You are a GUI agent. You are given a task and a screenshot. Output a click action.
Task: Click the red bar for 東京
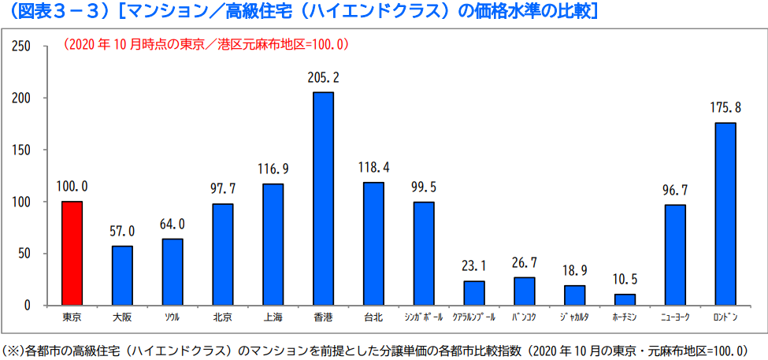[72, 253]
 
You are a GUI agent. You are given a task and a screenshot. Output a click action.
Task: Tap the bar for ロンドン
[725, 213]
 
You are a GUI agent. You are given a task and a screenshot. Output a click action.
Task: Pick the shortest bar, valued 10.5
[625, 299]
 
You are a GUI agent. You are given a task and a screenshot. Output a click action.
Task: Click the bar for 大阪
[122, 275]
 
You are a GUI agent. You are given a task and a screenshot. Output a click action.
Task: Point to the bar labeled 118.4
[373, 243]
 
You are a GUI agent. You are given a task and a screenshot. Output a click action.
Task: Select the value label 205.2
[324, 78]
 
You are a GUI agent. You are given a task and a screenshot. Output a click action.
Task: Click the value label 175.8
[725, 108]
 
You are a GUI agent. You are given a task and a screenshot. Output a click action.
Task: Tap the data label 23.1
[474, 266]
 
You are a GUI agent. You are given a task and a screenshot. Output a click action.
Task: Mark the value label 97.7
[223, 189]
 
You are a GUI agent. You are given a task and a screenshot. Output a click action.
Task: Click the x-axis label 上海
[273, 317]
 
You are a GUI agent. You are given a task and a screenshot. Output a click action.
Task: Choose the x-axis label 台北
[373, 317]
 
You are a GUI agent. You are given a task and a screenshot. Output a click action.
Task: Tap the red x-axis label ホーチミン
[625, 317]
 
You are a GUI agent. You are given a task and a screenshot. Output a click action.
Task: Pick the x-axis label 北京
[223, 317]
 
